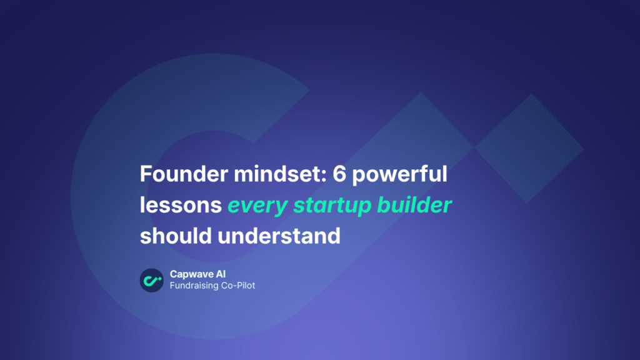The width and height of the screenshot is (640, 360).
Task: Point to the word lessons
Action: coord(181,205)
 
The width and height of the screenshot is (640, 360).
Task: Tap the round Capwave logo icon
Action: coord(151,280)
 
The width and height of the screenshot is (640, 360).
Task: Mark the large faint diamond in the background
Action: coord(530,149)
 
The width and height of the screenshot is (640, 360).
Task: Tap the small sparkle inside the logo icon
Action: coord(159,276)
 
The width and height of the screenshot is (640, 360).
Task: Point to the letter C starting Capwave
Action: coord(174,274)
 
